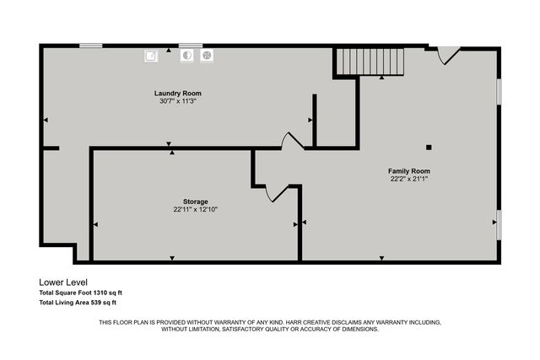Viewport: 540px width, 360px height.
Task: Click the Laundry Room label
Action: (x=177, y=93)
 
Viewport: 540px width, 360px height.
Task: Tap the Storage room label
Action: (x=196, y=201)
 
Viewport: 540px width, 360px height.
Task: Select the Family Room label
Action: (x=409, y=170)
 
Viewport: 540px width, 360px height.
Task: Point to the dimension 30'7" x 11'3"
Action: (x=177, y=101)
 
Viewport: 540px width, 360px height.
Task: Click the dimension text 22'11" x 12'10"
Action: (x=196, y=210)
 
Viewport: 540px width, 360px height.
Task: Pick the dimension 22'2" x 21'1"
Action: (x=409, y=179)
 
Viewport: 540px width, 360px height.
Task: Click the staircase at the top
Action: (x=370, y=62)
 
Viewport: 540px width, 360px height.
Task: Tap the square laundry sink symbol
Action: (x=151, y=55)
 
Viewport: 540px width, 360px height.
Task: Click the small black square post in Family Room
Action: (x=429, y=148)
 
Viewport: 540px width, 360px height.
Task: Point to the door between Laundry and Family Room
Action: (x=292, y=141)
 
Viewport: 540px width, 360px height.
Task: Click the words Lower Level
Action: (x=63, y=282)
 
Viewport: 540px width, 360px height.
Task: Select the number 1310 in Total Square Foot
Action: (x=101, y=293)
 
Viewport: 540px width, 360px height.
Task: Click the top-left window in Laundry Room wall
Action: (x=90, y=46)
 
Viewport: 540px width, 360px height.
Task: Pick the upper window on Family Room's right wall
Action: (x=499, y=91)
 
